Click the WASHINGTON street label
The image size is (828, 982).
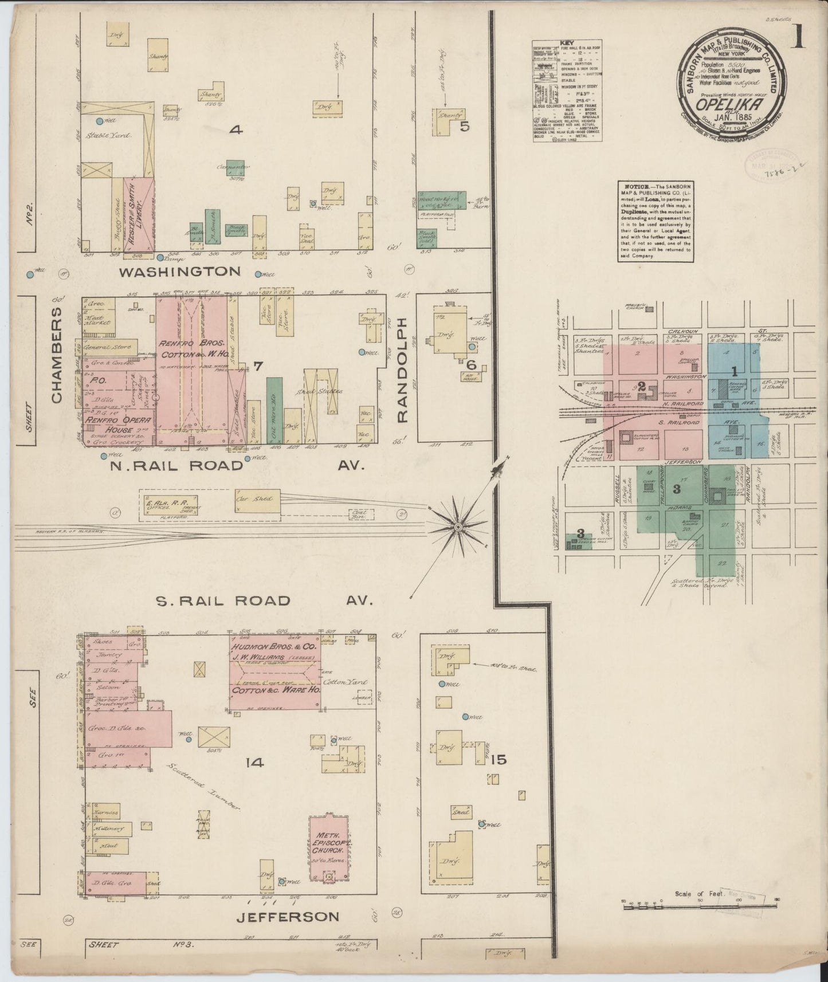pyautogui.click(x=179, y=272)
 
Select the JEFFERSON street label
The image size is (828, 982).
pyautogui.click(x=288, y=917)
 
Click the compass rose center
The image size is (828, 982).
pyautogui.click(x=458, y=525)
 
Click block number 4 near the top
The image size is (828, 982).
pyautogui.click(x=236, y=131)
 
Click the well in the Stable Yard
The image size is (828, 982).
pyautogui.click(x=99, y=121)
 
